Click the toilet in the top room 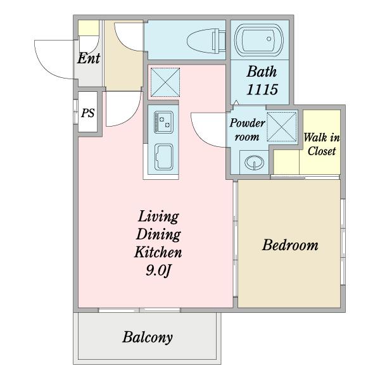pyautogui.click(x=206, y=41)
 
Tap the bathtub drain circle pyautogui.click(x=269, y=39)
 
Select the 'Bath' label pyautogui.click(x=262, y=72)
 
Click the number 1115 pyautogui.click(x=262, y=89)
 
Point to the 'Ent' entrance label pyautogui.click(x=89, y=58)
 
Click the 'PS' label pyautogui.click(x=88, y=113)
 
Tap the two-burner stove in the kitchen pyautogui.click(x=163, y=122)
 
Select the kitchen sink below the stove pyautogui.click(x=164, y=157)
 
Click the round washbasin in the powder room pyautogui.click(x=254, y=162)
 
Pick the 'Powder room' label pyautogui.click(x=247, y=130)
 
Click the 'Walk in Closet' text pyautogui.click(x=322, y=144)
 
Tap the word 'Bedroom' pyautogui.click(x=290, y=244)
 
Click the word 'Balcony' pyautogui.click(x=148, y=337)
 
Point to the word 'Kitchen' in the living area pyautogui.click(x=158, y=252)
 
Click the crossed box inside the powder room pyautogui.click(x=282, y=127)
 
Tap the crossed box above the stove pyautogui.click(x=165, y=82)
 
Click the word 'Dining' pyautogui.click(x=158, y=234)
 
